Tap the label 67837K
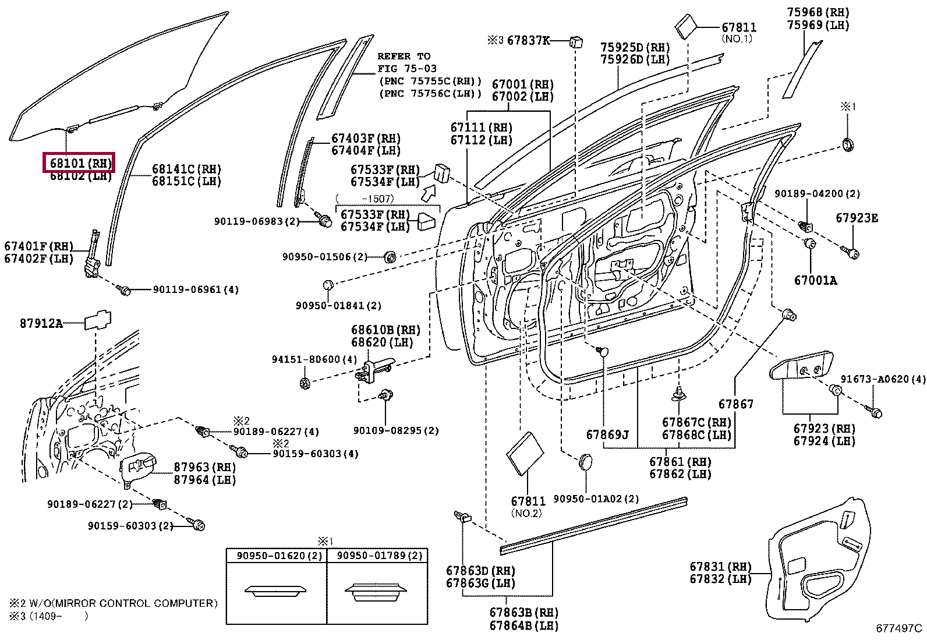click(x=529, y=40)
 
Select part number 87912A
click(x=41, y=323)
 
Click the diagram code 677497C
click(x=899, y=628)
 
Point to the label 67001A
click(x=815, y=281)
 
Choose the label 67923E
click(x=857, y=218)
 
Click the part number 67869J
click(x=607, y=434)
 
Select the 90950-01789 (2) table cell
click(x=377, y=556)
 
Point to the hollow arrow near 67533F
click(x=429, y=193)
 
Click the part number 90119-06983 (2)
click(x=257, y=221)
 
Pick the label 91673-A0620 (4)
click(x=883, y=379)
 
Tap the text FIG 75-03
click(x=407, y=68)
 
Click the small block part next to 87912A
click(x=98, y=320)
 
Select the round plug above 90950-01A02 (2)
click(x=586, y=462)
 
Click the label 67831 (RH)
click(x=720, y=566)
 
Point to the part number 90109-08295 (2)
click(x=395, y=430)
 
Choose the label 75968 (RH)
click(x=818, y=12)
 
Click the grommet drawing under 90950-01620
click(x=275, y=591)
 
